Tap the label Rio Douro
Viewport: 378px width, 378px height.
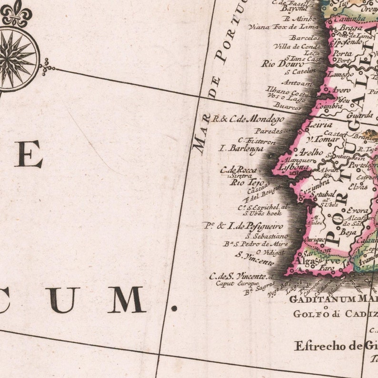point(279,64)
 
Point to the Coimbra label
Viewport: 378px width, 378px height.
point(329,106)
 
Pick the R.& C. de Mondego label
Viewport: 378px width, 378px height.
point(248,119)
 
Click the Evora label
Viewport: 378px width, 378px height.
point(357,210)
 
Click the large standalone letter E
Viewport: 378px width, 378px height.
point(28,154)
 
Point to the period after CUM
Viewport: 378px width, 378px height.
point(174,308)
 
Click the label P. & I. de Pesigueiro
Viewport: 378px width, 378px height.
point(243,226)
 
